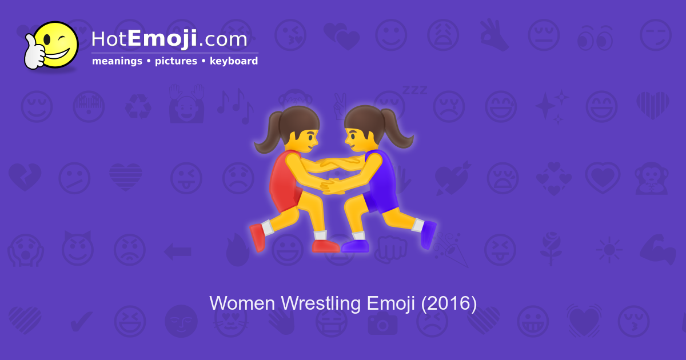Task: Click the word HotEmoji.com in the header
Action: point(169,39)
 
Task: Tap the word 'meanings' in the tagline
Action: point(117,61)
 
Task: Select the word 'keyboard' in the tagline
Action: point(234,61)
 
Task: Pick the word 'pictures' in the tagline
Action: point(176,61)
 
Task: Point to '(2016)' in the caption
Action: point(449,303)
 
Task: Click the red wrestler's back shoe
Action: point(257,236)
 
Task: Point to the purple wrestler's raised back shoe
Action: point(428,234)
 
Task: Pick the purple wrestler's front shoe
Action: point(356,246)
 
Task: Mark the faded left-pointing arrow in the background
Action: point(177,250)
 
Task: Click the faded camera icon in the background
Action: point(381,325)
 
